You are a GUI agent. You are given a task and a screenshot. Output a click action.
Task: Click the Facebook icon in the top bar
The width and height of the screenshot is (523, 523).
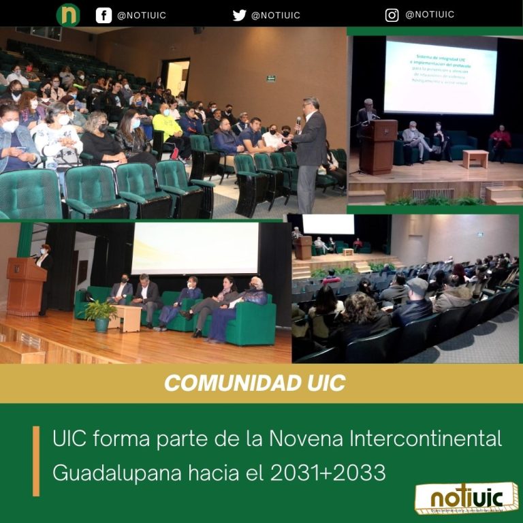[x=104, y=15]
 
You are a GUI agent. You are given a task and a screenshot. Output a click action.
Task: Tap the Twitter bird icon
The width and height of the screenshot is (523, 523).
[x=239, y=15]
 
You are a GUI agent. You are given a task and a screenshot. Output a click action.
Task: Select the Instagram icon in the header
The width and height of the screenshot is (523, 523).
[x=392, y=15]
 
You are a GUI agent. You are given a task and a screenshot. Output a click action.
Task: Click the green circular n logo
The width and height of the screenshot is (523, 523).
[x=68, y=15]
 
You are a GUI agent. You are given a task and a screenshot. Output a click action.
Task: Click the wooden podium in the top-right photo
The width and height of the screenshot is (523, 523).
[x=378, y=146]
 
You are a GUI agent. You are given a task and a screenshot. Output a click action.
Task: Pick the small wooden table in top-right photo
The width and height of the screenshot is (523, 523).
[x=475, y=158]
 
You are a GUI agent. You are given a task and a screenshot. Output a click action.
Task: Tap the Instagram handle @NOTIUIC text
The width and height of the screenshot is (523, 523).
[x=429, y=15]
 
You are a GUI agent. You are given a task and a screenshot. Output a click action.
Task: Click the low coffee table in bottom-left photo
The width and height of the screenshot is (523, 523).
[x=127, y=316]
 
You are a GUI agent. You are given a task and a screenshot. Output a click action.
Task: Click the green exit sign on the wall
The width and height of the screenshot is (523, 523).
[x=271, y=78]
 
